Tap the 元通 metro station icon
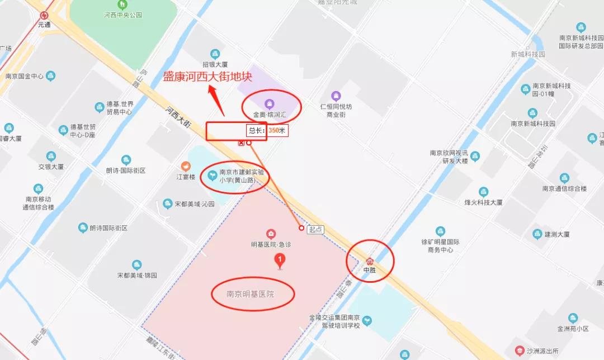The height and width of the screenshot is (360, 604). tap(44, 16)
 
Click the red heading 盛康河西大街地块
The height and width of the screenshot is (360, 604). tap(207, 77)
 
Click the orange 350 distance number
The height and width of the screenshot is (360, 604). tap(273, 130)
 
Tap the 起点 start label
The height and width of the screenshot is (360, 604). tap(315, 229)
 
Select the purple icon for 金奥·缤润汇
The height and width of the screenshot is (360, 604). tap(269, 103)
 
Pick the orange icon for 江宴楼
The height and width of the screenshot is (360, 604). tap(186, 166)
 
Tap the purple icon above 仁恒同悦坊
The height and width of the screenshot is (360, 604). tap(336, 96)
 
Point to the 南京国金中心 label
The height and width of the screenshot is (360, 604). tap(24, 76)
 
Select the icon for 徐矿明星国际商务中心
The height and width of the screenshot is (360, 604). tap(440, 231)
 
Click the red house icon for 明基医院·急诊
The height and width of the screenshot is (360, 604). tap(271, 233)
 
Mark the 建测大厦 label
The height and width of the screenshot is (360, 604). tap(556, 234)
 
